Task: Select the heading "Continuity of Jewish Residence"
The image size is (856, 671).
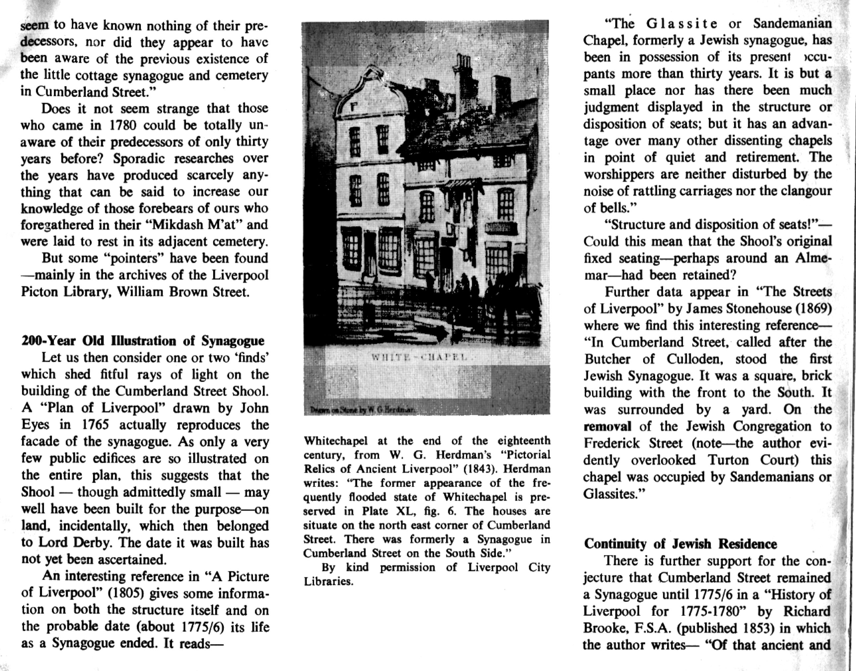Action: coord(680,544)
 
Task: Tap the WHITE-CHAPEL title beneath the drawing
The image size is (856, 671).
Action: coord(420,358)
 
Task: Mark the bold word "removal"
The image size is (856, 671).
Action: coord(607,426)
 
